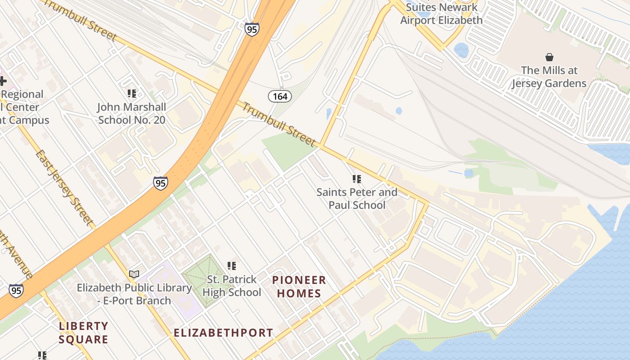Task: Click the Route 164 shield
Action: pyautogui.click(x=280, y=96)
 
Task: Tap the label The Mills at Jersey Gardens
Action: pyautogui.click(x=549, y=76)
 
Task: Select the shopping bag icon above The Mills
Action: pyautogui.click(x=549, y=57)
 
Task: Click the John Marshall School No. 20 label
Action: pyautogui.click(x=131, y=113)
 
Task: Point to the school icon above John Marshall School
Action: pyautogui.click(x=131, y=94)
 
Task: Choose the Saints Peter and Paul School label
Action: pyautogui.click(x=357, y=198)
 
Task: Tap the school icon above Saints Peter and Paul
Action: pyautogui.click(x=357, y=179)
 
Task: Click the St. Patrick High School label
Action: pyautogui.click(x=232, y=286)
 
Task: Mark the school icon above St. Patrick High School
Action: pyautogui.click(x=232, y=266)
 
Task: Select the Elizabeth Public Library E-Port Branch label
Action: pyautogui.click(x=134, y=294)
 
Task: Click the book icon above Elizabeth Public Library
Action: pyautogui.click(x=134, y=274)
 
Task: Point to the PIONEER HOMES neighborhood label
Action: pyautogui.click(x=299, y=287)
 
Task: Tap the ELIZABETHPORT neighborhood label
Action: pyautogui.click(x=223, y=333)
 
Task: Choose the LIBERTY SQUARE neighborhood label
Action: pyautogui.click(x=84, y=333)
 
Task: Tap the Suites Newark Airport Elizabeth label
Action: pyautogui.click(x=441, y=13)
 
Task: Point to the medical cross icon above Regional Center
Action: pyautogui.click(x=3, y=81)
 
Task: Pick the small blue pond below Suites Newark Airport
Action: pyautogui.click(x=461, y=49)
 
